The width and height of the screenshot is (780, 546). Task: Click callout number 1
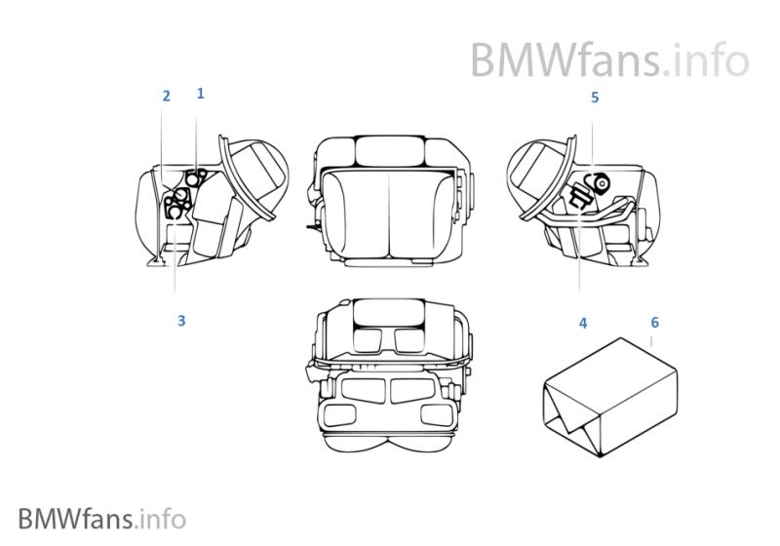click(200, 94)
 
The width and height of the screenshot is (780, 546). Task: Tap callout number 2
click(167, 96)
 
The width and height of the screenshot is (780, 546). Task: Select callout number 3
click(181, 321)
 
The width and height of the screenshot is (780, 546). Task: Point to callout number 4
click(583, 323)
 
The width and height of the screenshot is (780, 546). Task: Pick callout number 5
click(595, 97)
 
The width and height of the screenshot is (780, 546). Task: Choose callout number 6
click(654, 322)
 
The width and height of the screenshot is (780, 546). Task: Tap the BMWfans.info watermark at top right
click(609, 59)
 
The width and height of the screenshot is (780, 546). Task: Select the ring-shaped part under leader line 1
click(198, 176)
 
